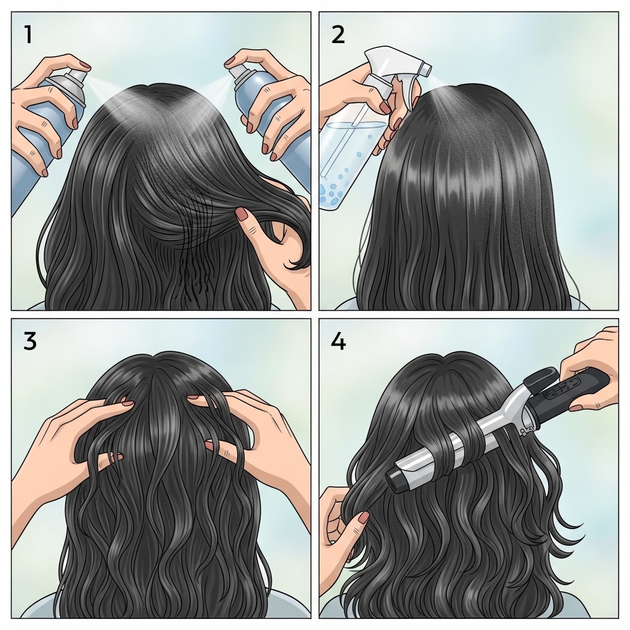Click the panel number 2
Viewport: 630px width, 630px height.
pos(338,34)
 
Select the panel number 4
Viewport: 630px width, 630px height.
pos(338,341)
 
